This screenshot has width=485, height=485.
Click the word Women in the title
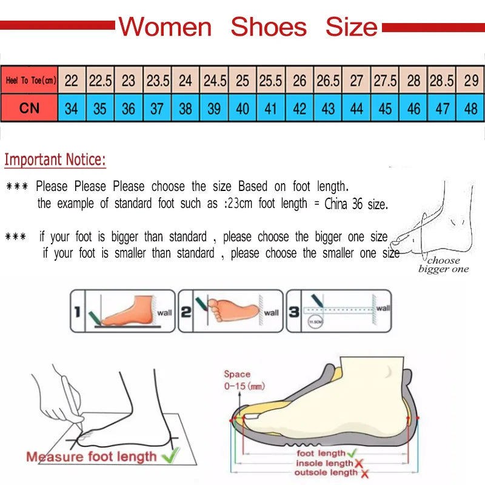click(x=165, y=27)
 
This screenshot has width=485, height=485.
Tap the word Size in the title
click(x=351, y=27)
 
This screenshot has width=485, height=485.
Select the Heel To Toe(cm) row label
click(x=30, y=80)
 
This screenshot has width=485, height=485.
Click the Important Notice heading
click(x=55, y=160)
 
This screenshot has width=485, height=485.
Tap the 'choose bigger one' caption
click(x=443, y=265)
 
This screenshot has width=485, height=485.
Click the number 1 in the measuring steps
click(x=77, y=312)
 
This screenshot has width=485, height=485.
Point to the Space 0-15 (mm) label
click(x=243, y=380)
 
